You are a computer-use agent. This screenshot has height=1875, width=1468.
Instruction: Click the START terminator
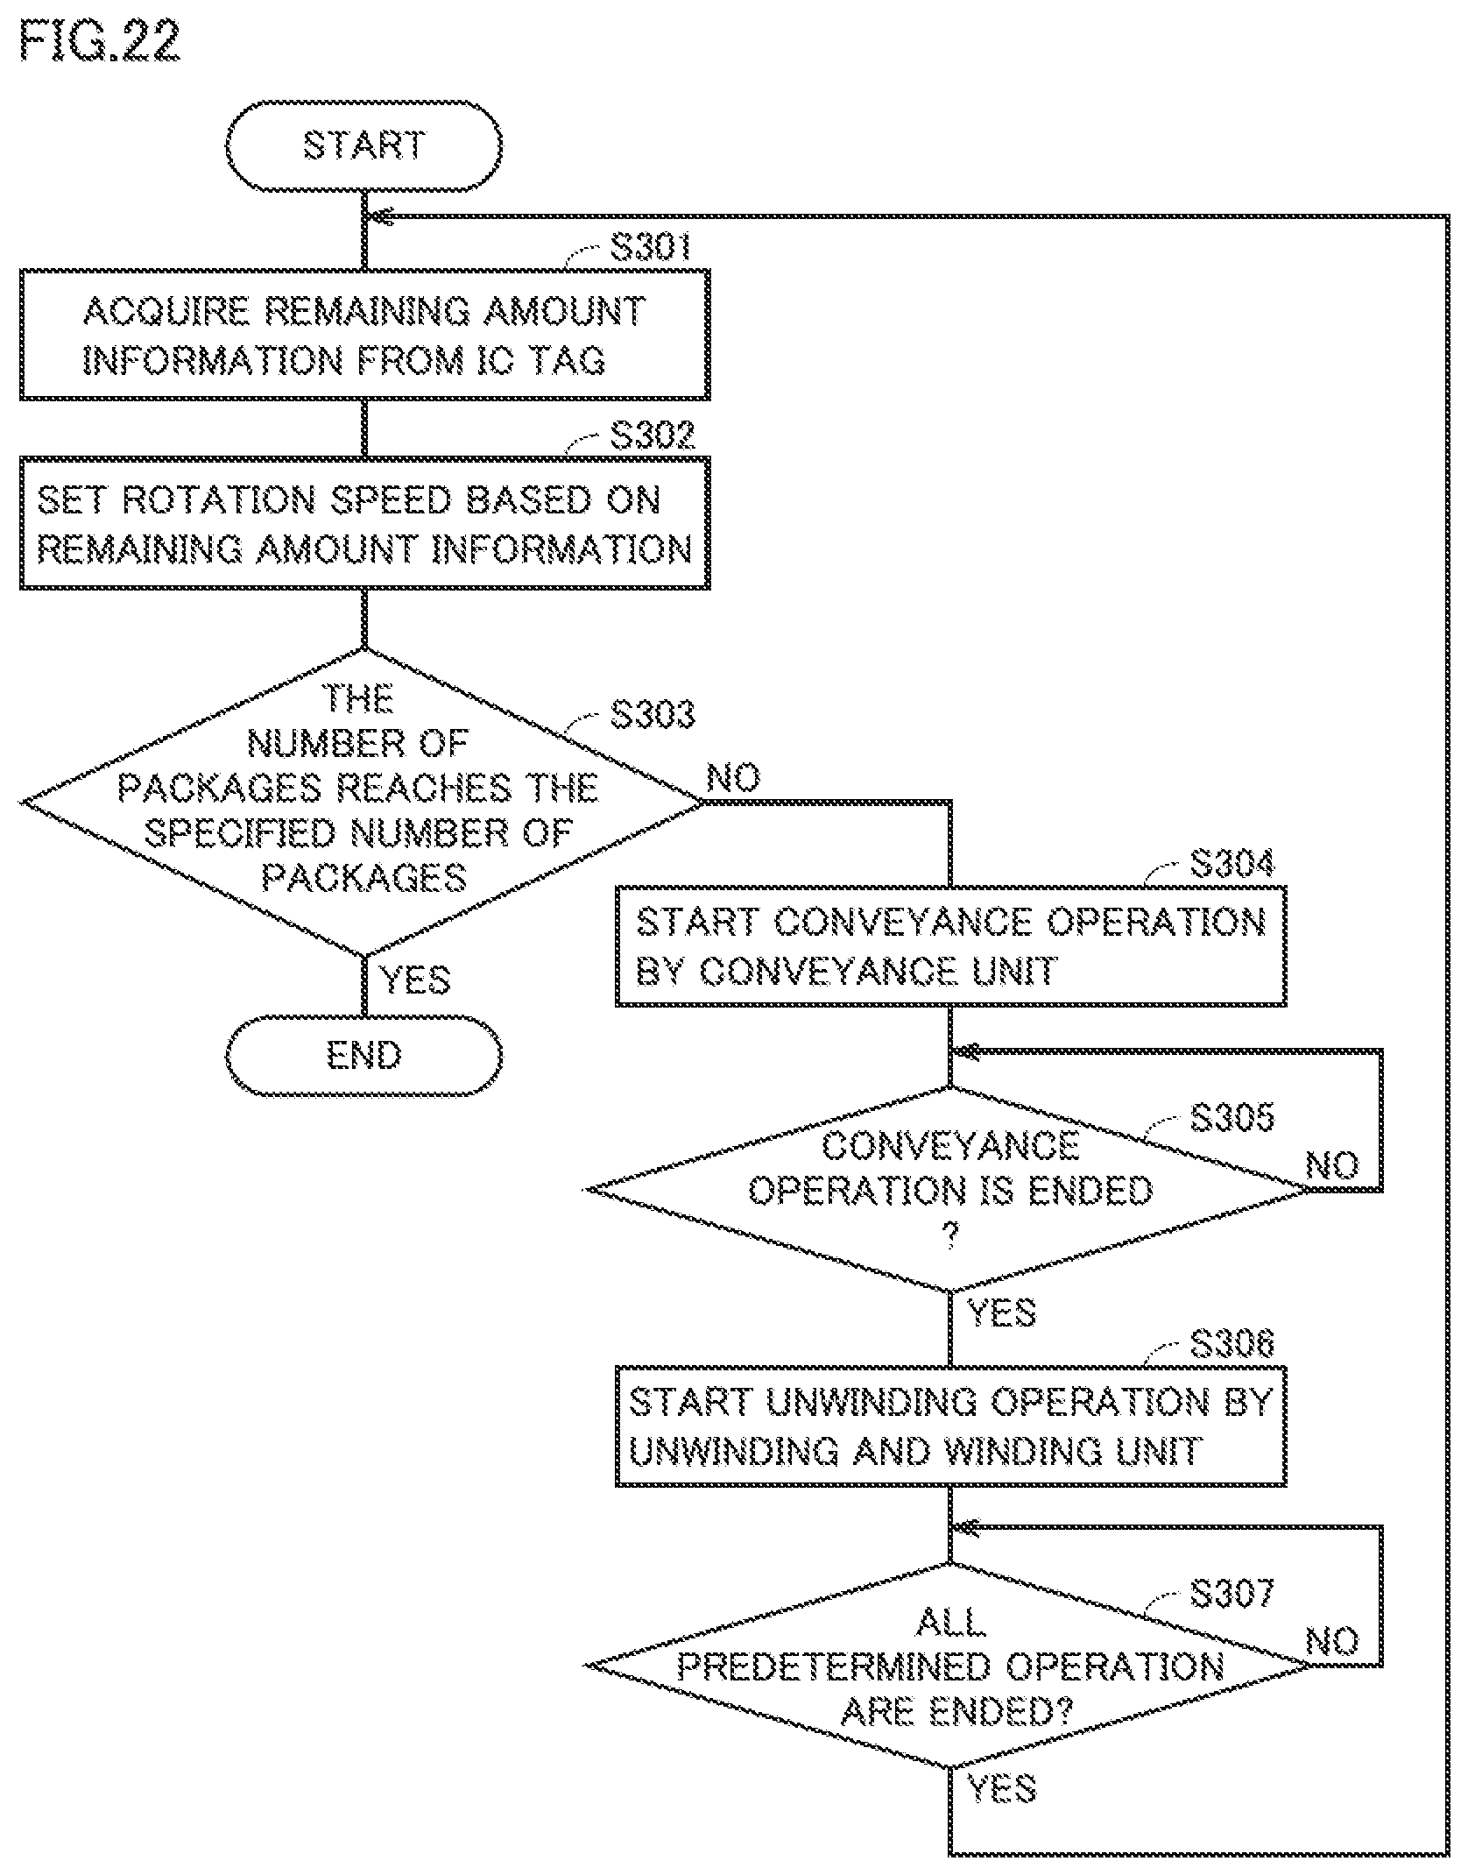click(x=363, y=145)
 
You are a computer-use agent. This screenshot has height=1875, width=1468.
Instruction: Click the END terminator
click(x=363, y=1055)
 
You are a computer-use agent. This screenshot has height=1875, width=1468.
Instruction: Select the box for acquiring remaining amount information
click(x=364, y=335)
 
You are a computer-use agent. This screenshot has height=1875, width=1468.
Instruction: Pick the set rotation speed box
click(x=364, y=523)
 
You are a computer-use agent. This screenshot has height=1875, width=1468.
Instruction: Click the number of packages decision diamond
click(x=363, y=802)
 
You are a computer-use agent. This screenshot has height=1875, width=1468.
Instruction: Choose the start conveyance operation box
click(x=950, y=946)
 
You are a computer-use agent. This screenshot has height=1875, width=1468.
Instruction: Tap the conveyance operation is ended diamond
click(x=950, y=1189)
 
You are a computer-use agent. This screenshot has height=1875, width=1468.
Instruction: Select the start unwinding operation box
click(x=950, y=1426)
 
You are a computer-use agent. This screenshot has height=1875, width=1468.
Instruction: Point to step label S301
click(x=651, y=247)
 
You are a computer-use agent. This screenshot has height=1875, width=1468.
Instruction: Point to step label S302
click(x=652, y=435)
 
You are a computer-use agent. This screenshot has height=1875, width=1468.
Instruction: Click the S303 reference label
click(x=652, y=714)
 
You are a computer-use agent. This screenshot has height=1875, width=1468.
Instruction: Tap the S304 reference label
click(x=1232, y=863)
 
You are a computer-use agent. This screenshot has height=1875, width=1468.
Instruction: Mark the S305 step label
click(x=1232, y=1117)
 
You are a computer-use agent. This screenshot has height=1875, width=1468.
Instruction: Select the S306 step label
click(x=1232, y=1343)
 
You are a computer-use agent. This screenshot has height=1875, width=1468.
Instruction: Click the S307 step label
click(x=1232, y=1594)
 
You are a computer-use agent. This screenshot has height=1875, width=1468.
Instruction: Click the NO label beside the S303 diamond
click(x=733, y=777)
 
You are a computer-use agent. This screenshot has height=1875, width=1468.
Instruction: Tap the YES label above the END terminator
click(x=414, y=980)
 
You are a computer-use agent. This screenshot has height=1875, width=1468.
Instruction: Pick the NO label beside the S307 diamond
click(x=1332, y=1641)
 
